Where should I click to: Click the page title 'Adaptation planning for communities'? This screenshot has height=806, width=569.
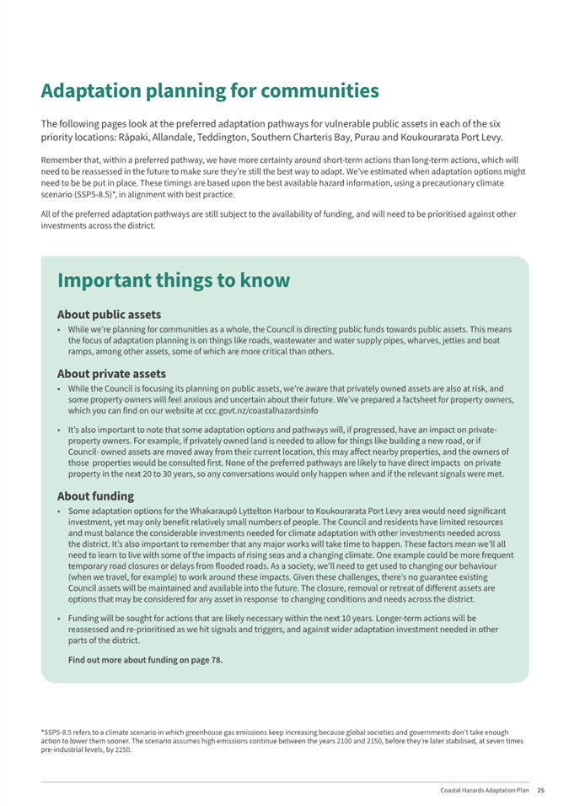coord(210,91)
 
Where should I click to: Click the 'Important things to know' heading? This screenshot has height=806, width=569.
coord(174,280)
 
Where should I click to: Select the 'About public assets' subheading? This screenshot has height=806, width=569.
coord(109,315)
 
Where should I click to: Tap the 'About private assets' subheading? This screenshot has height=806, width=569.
coord(111,373)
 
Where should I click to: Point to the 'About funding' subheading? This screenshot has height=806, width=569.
coord(96,495)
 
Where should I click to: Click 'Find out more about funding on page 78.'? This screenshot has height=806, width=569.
coord(146,660)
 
